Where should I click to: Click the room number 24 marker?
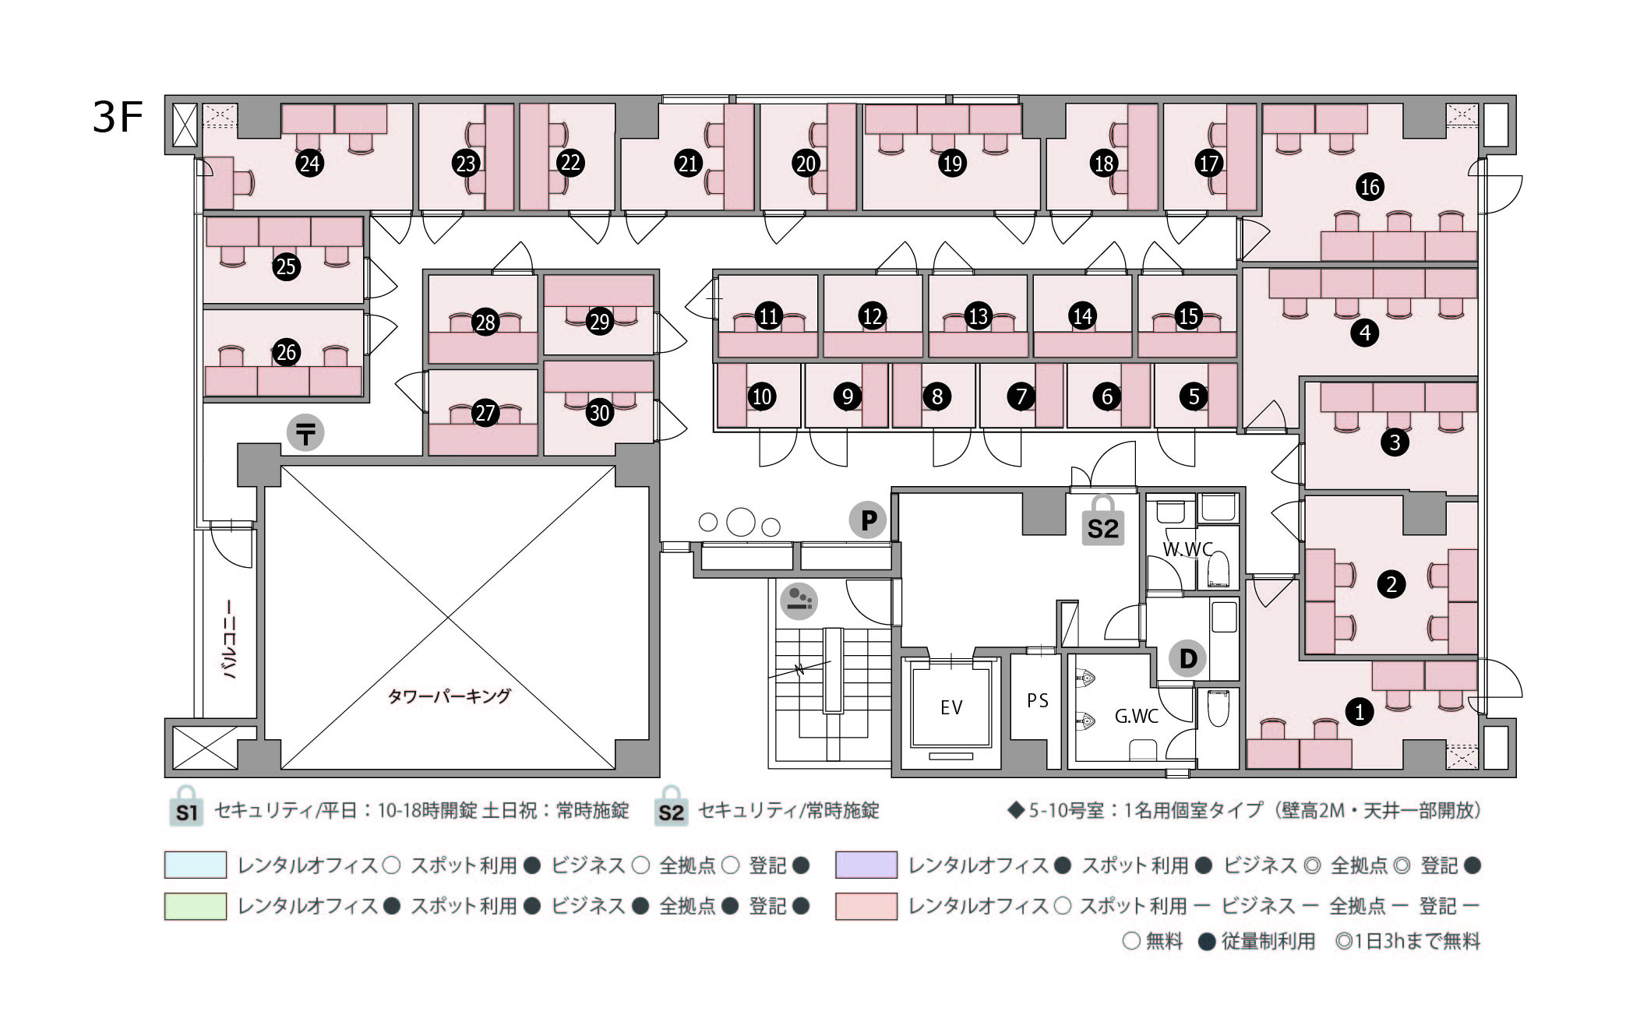(310, 164)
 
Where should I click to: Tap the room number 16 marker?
(1370, 187)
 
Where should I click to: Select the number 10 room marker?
(761, 396)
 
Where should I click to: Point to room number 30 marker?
(599, 412)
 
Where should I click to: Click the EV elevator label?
(951, 707)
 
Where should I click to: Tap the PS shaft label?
(1037, 700)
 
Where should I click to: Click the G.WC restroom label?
(1136, 716)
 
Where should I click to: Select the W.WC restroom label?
(1187, 549)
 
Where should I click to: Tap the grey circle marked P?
(868, 520)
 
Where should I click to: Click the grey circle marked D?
(1187, 658)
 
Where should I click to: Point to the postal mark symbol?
(305, 433)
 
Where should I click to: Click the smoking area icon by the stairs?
(799, 601)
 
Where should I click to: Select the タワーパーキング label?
(449, 696)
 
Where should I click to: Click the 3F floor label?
(118, 117)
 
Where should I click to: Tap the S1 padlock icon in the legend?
(186, 807)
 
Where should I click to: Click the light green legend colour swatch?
(196, 906)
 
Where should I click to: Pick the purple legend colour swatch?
(866, 865)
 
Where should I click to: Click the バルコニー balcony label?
(230, 639)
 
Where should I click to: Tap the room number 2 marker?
(1391, 583)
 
